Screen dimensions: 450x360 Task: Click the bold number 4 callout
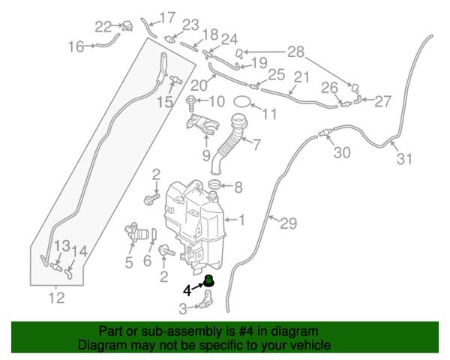click(x=187, y=290)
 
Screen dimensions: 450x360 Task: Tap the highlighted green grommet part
click(x=209, y=280)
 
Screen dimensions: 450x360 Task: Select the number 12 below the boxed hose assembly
click(x=57, y=298)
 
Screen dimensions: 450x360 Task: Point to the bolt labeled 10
click(x=191, y=103)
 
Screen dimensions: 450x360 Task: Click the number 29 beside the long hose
click(x=289, y=223)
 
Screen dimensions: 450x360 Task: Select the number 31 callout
click(x=404, y=159)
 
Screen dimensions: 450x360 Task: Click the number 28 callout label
click(x=296, y=52)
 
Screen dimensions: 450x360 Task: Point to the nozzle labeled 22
click(x=128, y=26)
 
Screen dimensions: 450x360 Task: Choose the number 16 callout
click(x=76, y=46)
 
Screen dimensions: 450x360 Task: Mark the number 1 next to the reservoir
click(x=241, y=220)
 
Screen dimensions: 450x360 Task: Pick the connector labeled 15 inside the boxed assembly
click(x=175, y=79)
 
